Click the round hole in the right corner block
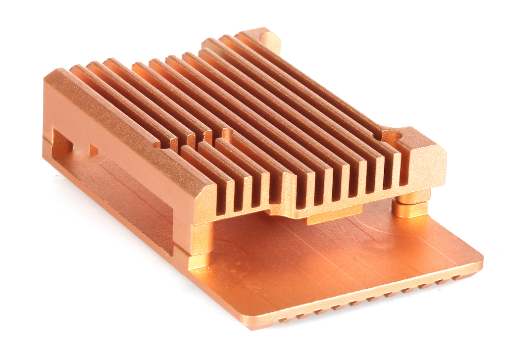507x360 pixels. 392,137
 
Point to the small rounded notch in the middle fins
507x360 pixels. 227,133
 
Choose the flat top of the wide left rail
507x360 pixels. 124,124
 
